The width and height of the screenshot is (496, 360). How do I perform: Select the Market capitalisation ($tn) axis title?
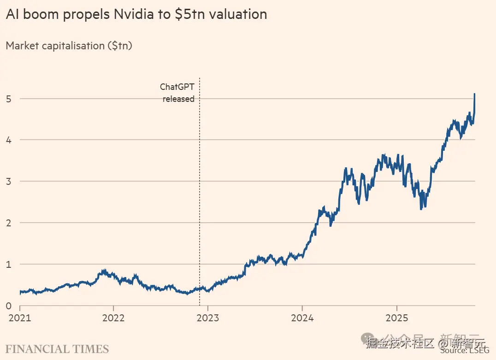point(69,46)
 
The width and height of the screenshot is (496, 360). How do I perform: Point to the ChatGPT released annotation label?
point(177,93)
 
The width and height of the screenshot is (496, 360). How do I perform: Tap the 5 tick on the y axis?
point(9,98)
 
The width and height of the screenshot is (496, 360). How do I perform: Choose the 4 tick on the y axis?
point(9,140)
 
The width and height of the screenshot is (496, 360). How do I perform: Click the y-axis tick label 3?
point(9,181)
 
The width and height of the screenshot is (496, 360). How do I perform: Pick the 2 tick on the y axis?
point(9,223)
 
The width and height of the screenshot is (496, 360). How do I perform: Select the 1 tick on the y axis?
point(9,264)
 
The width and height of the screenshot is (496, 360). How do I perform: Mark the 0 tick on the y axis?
point(9,306)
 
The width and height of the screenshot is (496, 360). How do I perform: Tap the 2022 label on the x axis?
point(113,319)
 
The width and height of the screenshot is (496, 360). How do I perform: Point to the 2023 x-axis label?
point(208,319)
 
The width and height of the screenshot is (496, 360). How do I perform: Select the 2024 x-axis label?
point(302,319)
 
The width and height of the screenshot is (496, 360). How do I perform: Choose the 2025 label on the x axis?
point(396,319)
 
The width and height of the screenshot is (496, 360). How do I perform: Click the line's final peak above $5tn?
point(475,94)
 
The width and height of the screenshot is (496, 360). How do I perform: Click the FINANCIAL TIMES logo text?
point(57,348)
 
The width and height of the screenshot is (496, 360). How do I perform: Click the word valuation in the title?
point(238,14)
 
